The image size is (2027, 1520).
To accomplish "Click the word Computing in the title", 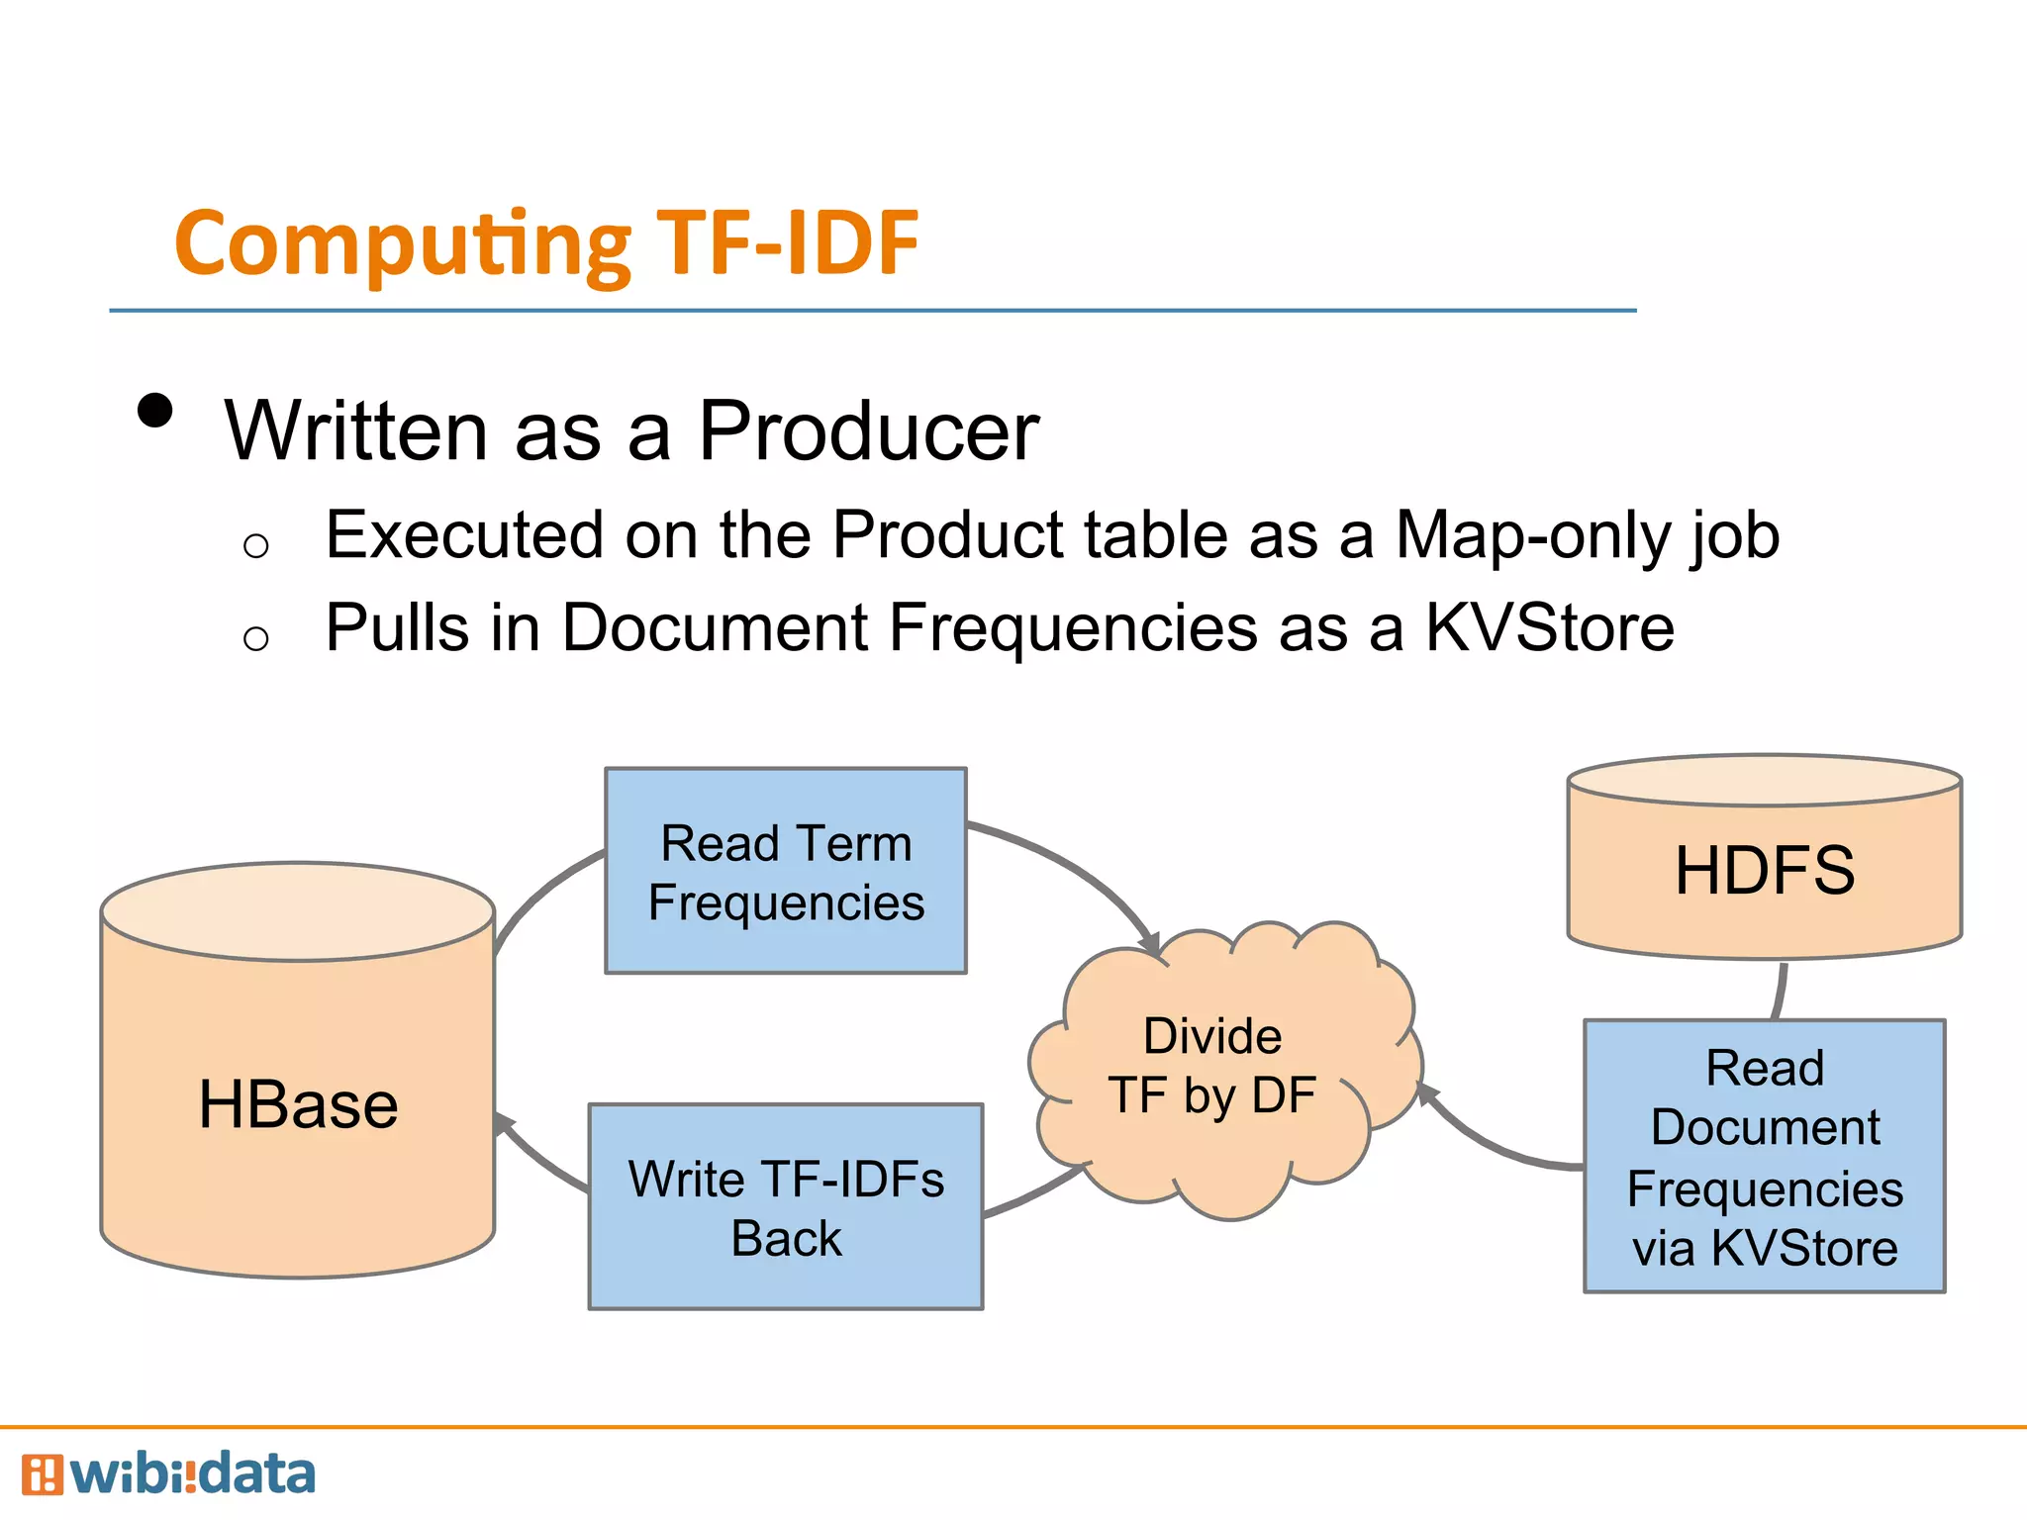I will coord(402,244).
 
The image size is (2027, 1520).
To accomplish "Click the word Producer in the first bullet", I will coord(868,431).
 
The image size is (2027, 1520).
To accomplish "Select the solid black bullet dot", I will coord(155,410).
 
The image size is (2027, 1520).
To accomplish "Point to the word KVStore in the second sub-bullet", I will coord(1549,628).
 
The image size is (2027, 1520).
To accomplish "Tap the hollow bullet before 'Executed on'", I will coord(255,545).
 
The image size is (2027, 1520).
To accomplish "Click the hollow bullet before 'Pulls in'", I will coord(255,638).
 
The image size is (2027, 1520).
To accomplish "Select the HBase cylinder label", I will coord(298,1104).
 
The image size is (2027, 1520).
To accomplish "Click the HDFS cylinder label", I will coord(1765,871).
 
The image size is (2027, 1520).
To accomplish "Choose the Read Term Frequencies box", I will coord(786,872).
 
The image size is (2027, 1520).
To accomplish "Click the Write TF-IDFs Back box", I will coord(786,1207).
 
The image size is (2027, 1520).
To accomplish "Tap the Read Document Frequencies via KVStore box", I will coord(1765,1156).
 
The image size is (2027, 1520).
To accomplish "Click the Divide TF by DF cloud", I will coord(1213,1067).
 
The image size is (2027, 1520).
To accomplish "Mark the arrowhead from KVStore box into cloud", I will coord(1427,1094).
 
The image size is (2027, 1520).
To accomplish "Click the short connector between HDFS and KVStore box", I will coord(1781,990).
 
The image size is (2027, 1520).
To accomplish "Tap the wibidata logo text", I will coord(193,1474).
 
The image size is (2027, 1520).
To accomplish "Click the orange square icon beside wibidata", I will coord(42,1474).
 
